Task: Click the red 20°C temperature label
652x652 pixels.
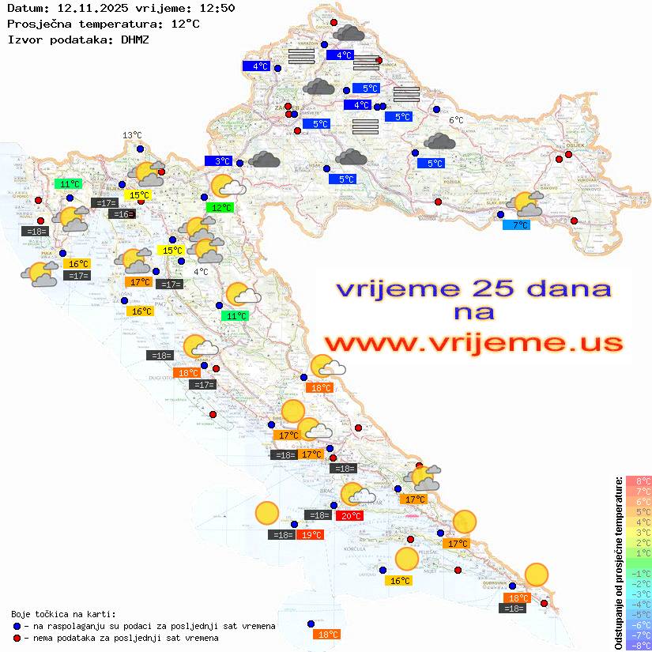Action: point(350,515)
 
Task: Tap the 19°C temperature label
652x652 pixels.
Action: point(311,535)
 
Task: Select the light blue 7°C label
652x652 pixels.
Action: point(516,225)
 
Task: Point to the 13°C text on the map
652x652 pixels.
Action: point(131,135)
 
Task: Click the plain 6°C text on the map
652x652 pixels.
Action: point(457,120)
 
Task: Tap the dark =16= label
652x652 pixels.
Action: point(122,214)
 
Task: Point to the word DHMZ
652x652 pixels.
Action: point(135,39)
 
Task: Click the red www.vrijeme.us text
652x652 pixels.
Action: point(473,343)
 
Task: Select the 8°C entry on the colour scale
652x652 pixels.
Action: point(639,481)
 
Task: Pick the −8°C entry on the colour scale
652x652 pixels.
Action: point(638,645)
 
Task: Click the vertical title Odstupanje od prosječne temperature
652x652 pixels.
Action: point(618,563)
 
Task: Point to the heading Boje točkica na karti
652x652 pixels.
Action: point(63,613)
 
